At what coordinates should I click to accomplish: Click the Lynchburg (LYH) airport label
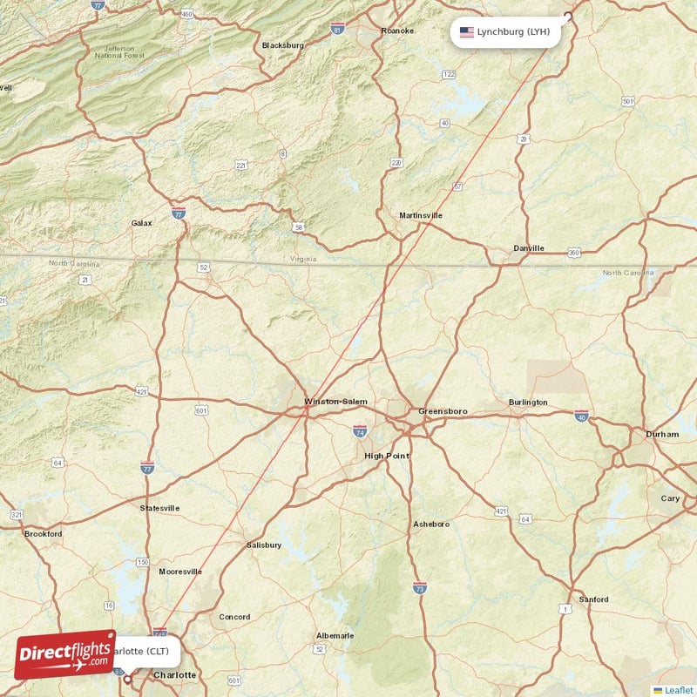(512, 32)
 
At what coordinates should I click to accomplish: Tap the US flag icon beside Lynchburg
(467, 32)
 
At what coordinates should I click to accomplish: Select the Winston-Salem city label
(335, 402)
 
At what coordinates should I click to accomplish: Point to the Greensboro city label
(443, 410)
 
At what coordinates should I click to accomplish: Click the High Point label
(386, 456)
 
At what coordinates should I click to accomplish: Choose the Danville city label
(528, 248)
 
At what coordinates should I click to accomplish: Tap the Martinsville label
(421, 215)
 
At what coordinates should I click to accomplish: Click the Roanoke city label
(397, 30)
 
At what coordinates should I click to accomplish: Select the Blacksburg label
(283, 45)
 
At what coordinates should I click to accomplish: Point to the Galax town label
(141, 223)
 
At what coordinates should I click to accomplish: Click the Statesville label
(159, 508)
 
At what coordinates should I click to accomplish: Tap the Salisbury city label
(264, 545)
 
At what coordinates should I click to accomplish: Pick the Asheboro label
(431, 524)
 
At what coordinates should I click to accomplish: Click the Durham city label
(662, 434)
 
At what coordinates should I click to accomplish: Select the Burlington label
(528, 403)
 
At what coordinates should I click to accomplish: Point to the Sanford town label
(594, 599)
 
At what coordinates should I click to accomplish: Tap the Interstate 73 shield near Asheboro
(420, 588)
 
